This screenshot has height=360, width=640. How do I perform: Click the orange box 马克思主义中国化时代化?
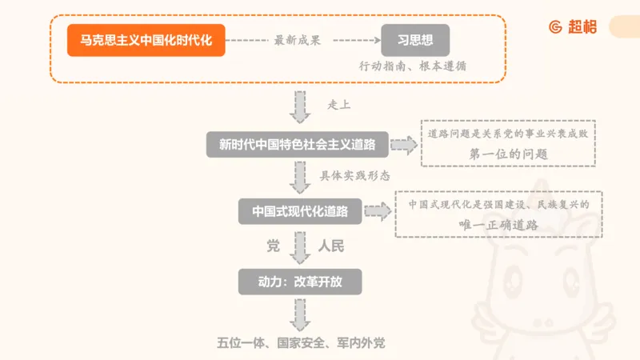point(146,40)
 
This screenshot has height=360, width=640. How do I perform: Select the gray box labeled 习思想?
point(414,40)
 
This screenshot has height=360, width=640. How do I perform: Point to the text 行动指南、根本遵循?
point(413,66)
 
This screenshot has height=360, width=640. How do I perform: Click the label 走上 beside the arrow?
point(339,105)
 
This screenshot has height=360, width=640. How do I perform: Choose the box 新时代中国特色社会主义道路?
point(298,145)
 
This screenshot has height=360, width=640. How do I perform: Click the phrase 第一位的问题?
point(509,154)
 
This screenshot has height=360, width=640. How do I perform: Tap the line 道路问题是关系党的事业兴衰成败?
point(509,133)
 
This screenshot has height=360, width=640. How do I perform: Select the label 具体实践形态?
point(356,174)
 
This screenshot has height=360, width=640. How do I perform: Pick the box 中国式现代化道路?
point(300,211)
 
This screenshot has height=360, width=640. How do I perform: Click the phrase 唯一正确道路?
point(498,225)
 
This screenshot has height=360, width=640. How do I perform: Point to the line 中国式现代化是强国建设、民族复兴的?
point(498,204)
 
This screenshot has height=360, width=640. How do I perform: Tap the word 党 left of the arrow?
point(273,246)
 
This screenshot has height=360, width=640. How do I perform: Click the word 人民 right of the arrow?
point(331,246)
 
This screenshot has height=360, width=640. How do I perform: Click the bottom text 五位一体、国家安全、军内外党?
point(301,342)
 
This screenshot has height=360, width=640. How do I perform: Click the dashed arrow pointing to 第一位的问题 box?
point(404,145)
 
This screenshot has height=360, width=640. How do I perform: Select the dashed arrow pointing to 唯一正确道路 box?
point(377,212)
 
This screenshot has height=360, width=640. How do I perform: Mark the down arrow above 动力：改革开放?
point(300,247)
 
